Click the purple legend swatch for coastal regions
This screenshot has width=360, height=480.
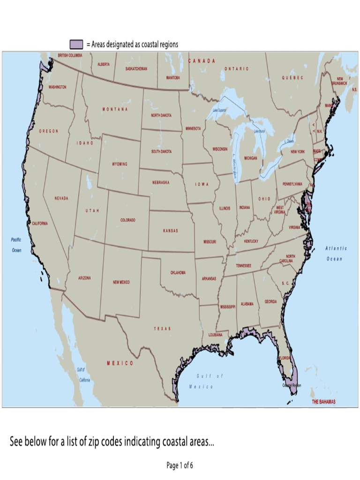point(76,45)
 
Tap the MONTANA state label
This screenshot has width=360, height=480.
point(115,109)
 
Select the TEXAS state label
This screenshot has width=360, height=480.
point(162,329)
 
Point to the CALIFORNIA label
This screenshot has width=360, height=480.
point(39,224)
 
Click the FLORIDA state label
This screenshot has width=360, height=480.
point(284,358)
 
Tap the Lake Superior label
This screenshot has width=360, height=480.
point(219,110)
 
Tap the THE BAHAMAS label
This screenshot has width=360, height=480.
point(323,402)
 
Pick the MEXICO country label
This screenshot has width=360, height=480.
point(120,363)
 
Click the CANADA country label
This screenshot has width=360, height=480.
point(202,61)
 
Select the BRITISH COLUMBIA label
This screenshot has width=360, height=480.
point(70,55)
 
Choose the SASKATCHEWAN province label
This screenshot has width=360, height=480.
point(136,68)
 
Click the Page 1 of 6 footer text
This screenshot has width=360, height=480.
point(180,465)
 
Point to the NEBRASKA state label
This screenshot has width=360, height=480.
point(161,182)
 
